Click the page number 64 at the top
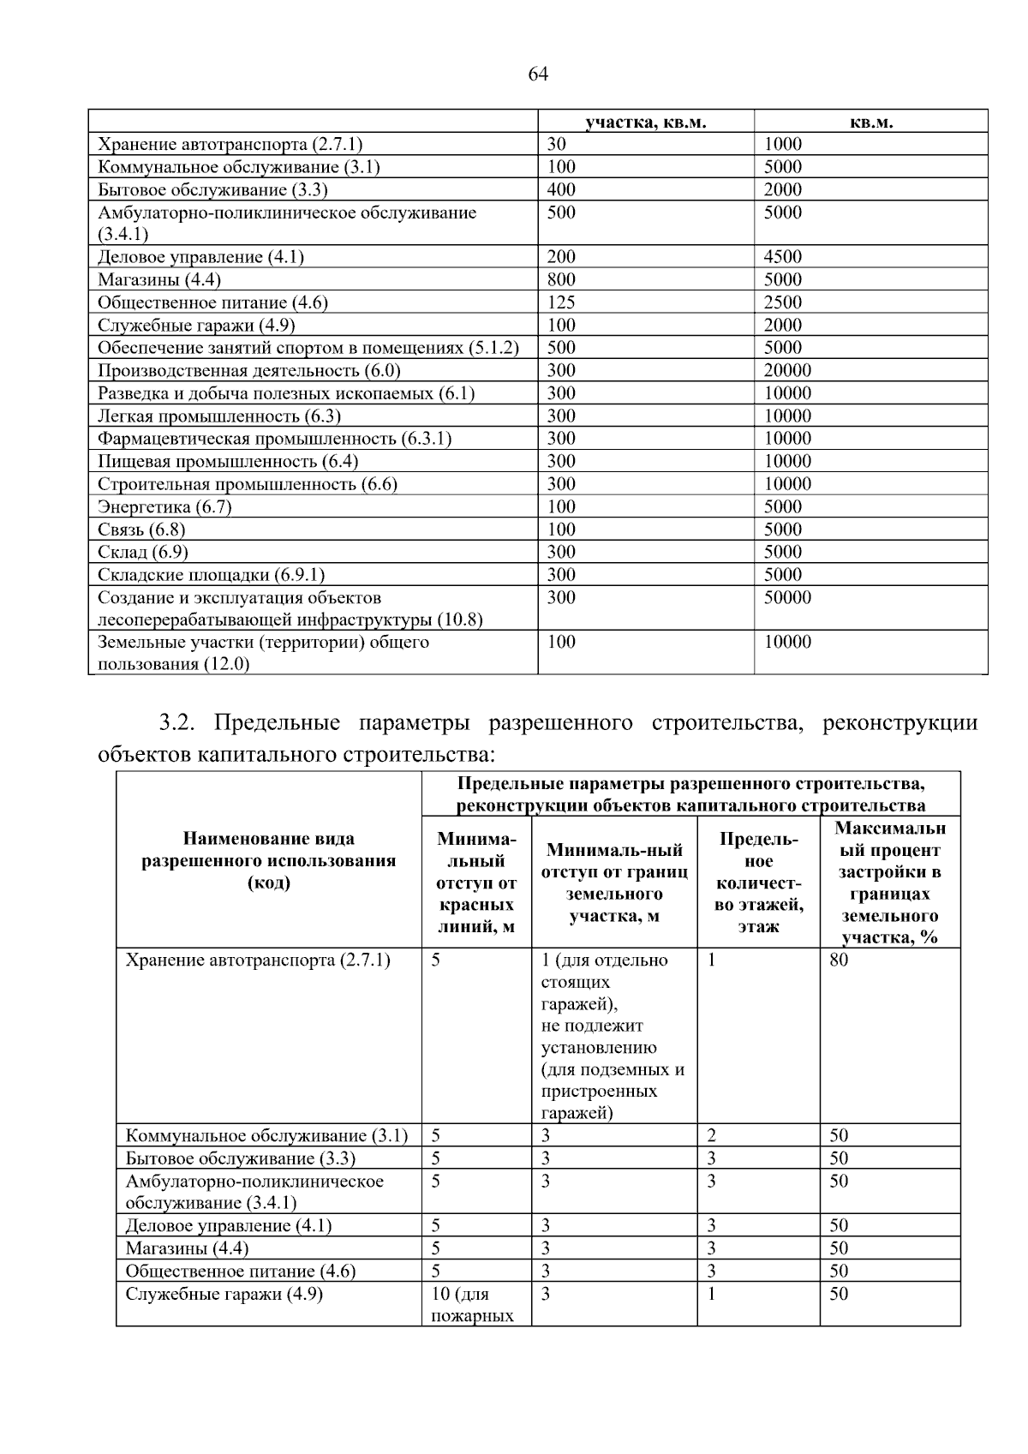(x=538, y=75)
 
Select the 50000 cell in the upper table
(x=787, y=597)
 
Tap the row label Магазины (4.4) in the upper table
(x=159, y=279)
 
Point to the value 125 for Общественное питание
(x=561, y=302)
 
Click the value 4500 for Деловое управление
(x=783, y=257)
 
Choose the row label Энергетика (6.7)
(x=164, y=506)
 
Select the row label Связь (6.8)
(x=141, y=530)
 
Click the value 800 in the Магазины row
(x=561, y=279)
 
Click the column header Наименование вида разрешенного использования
(x=269, y=860)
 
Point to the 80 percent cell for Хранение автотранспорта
(x=839, y=960)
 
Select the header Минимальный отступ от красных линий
(x=476, y=883)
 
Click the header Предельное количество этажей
(x=758, y=883)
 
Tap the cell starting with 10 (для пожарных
(x=472, y=1304)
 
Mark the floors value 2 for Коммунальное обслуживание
(x=711, y=1135)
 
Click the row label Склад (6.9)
(x=143, y=552)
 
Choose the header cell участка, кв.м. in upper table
(x=646, y=122)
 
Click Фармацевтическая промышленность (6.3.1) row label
(x=274, y=439)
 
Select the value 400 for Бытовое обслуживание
(x=561, y=189)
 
